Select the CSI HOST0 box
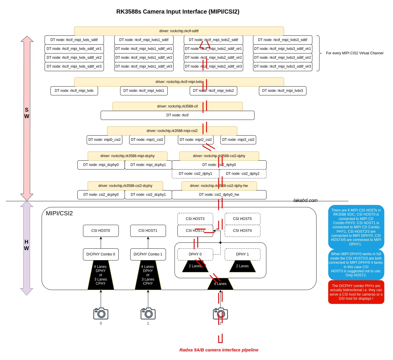101,230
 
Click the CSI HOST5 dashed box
242,219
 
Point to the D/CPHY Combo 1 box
148,254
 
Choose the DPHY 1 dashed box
242,254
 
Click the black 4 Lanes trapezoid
220,284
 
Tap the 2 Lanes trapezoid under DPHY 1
242,266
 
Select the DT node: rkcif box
177,115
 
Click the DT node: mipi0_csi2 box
105,140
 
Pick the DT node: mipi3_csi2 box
238,140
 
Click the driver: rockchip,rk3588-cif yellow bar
177,106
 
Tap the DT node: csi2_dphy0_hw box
219,195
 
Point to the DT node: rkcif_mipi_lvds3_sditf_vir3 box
283,66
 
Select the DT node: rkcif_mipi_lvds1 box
144,91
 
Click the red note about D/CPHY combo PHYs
356,292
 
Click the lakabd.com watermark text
305,200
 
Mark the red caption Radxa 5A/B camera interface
218,350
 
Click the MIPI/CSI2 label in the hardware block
59,213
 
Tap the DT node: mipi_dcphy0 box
101,165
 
